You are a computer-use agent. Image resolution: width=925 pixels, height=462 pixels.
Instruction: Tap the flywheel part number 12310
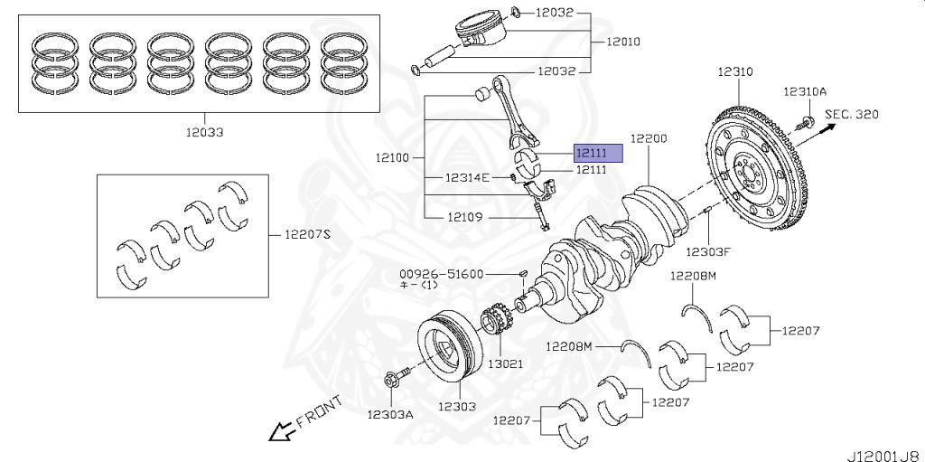pos(736,71)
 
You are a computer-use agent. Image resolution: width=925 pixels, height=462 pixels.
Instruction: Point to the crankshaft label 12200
pos(649,138)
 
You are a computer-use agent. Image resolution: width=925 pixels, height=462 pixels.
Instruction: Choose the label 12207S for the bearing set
pos(308,234)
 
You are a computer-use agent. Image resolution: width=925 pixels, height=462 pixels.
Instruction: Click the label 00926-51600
pos(442,273)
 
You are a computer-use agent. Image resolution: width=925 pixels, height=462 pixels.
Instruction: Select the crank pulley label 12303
pos(458,406)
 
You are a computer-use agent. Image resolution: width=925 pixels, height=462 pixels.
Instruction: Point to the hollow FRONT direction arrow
pos(279,431)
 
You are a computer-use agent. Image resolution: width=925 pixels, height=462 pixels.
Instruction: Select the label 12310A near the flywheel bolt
pos(804,91)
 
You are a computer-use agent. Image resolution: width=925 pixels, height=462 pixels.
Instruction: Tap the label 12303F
pos(707,252)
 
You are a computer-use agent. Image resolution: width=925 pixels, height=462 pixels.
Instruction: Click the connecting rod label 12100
pos(393,157)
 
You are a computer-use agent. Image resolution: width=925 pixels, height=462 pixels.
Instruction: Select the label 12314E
pos(466,177)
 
